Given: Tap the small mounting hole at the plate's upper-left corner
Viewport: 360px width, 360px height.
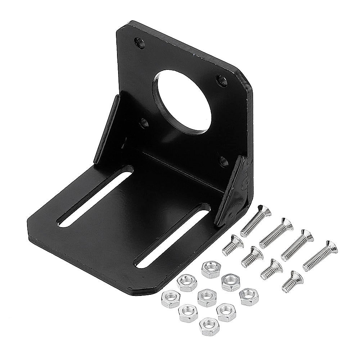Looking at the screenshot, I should point(140,43).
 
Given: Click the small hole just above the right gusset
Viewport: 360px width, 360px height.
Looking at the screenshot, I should point(224,159).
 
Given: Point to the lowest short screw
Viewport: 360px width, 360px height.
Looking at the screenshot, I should point(292,281).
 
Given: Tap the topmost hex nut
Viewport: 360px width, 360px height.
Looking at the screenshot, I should point(211,269).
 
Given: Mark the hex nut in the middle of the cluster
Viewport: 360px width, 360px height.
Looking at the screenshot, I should point(207,297).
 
